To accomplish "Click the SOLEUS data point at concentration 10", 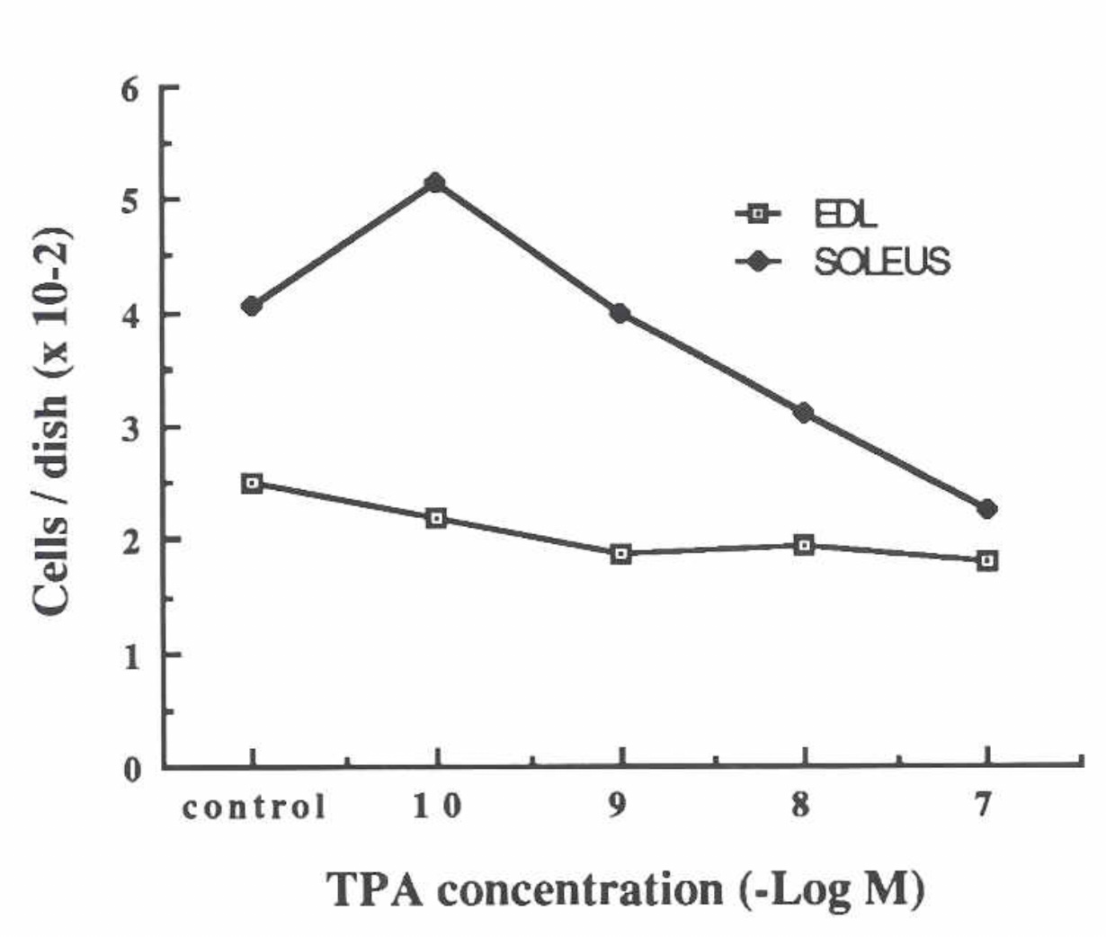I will pyautogui.click(x=436, y=183).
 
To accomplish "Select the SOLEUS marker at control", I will pyautogui.click(x=252, y=307).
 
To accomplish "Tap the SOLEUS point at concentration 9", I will pyautogui.click(x=620, y=313).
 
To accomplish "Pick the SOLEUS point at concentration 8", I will pyautogui.click(x=803, y=413).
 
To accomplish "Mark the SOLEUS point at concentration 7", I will pyautogui.click(x=986, y=509).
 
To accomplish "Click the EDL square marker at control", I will pyautogui.click(x=252, y=483).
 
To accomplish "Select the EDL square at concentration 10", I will pyautogui.click(x=436, y=518).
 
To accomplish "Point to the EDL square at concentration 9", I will pyautogui.click(x=620, y=554).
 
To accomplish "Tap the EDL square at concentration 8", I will pyautogui.click(x=804, y=545).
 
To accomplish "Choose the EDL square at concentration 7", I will pyautogui.click(x=987, y=560).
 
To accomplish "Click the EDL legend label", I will pyautogui.click(x=844, y=214).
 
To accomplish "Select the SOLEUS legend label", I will pyautogui.click(x=881, y=262).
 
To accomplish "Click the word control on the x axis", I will pyautogui.click(x=254, y=808).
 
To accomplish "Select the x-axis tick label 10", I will pyautogui.click(x=437, y=807).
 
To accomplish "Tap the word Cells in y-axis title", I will pyautogui.click(x=51, y=572).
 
